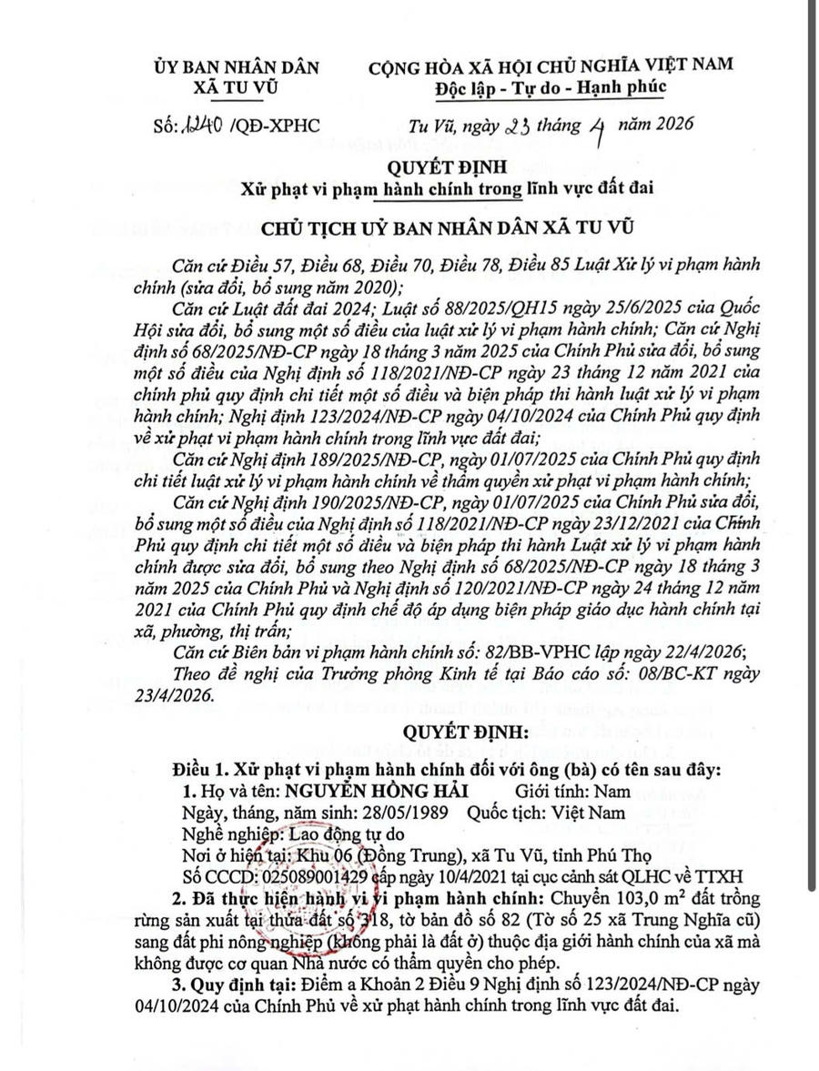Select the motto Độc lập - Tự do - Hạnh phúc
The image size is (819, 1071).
pos(549,86)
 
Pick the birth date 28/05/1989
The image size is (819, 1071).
pos(402,813)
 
